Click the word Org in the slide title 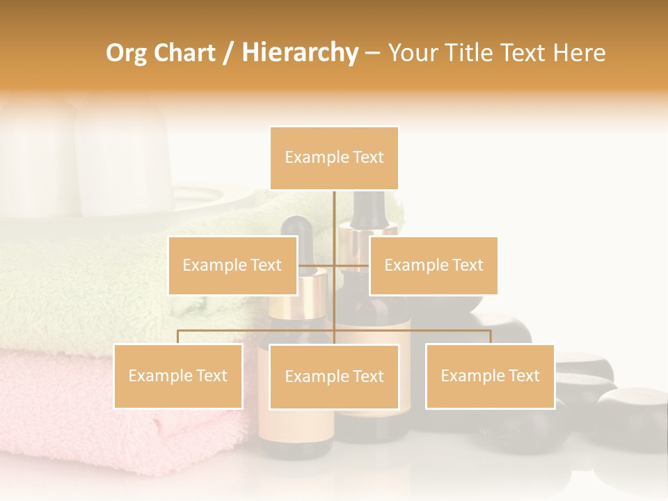[x=126, y=53]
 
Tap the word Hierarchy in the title [x=300, y=53]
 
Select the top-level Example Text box [x=334, y=158]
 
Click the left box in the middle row [x=232, y=265]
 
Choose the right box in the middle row [x=434, y=265]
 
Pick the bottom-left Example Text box [x=178, y=376]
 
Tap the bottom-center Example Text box [x=334, y=376]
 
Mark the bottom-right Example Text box [x=490, y=376]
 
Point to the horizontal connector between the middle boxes [x=334, y=265]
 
